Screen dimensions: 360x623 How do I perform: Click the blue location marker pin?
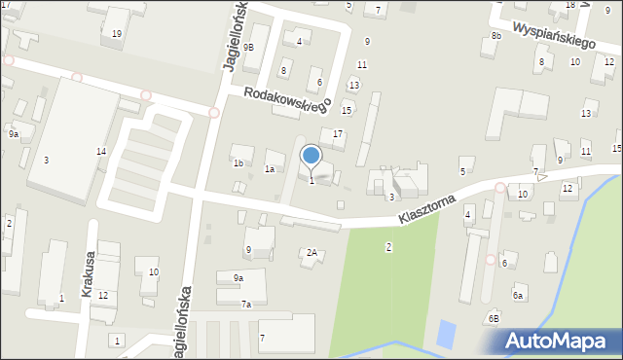click(311, 156)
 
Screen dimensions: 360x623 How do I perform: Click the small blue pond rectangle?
click(446, 335)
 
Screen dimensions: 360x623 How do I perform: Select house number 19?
click(117, 34)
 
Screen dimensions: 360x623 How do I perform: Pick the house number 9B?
click(249, 47)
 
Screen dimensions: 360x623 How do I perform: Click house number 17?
click(338, 133)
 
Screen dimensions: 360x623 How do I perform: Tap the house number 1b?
click(238, 162)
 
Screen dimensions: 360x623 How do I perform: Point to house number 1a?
click(270, 169)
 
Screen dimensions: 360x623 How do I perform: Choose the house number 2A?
click(311, 253)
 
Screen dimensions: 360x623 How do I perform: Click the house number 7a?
click(247, 305)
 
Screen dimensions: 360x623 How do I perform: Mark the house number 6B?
click(495, 318)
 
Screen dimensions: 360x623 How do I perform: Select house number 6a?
click(518, 295)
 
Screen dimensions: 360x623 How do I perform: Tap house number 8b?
click(495, 36)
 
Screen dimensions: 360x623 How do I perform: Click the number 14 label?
click(100, 152)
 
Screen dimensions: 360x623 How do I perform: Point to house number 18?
click(569, 5)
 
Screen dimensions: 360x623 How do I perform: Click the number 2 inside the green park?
click(388, 247)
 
